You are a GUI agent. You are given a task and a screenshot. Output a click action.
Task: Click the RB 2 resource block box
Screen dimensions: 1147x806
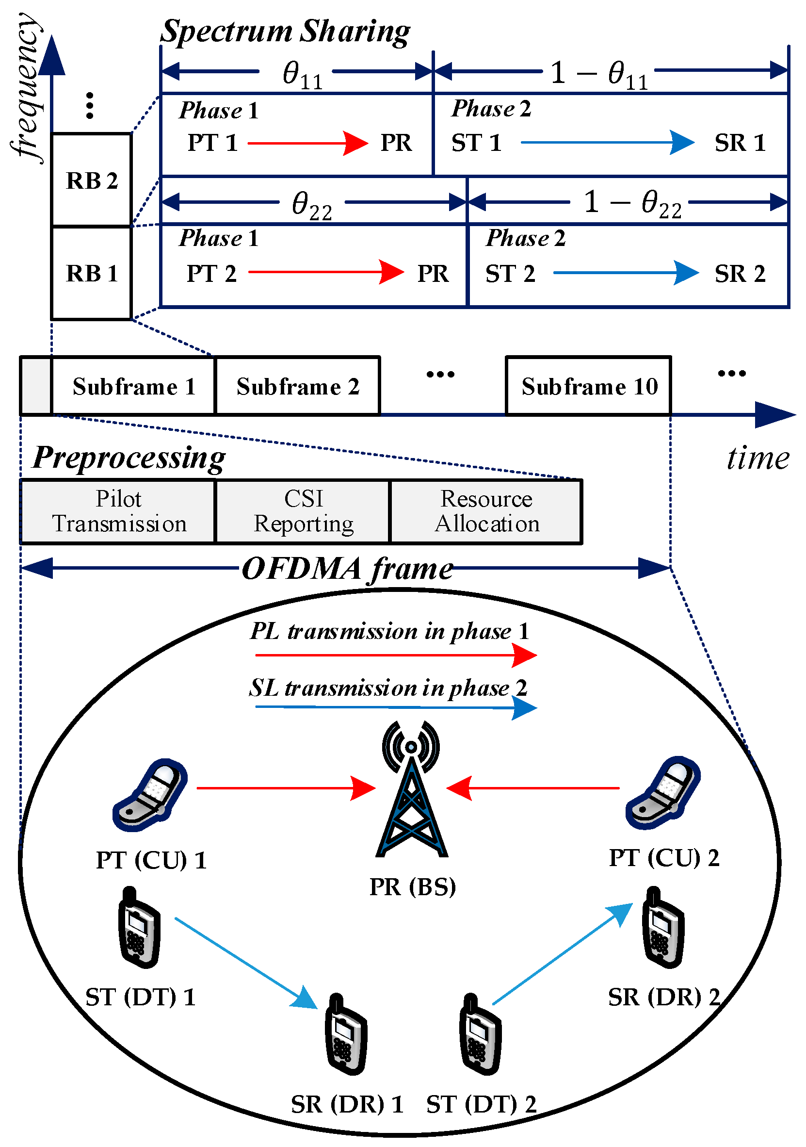coord(91,180)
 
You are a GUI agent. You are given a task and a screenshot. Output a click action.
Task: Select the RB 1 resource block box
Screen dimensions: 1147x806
coord(91,273)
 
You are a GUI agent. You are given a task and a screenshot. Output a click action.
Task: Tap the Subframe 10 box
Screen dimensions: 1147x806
coord(588,386)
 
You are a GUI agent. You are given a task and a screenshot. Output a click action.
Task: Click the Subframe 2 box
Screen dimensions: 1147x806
coord(298,386)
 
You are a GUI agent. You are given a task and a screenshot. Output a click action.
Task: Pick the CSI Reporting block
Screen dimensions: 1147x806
coord(303,511)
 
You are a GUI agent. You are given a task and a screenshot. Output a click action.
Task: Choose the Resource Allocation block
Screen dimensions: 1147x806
coord(486,511)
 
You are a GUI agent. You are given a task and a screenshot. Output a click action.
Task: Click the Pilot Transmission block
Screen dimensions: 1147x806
coord(118,511)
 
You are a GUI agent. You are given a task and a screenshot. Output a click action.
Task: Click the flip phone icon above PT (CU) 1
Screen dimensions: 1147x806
coord(150,795)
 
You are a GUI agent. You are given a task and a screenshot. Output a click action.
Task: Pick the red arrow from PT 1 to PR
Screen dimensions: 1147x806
coord(307,144)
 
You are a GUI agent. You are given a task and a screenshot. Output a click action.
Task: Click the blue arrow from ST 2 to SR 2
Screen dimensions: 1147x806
coord(625,272)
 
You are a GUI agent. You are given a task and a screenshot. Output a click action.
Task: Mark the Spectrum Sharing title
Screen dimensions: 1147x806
coord(285,31)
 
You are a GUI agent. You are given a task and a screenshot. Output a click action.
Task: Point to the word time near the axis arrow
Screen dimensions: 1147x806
coord(758,458)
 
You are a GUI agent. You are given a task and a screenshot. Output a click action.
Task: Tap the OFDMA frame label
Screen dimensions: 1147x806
coord(347,569)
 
